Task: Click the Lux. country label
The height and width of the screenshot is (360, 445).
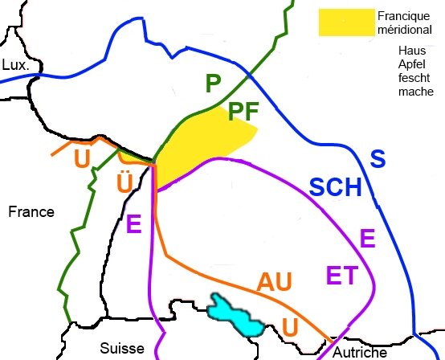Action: click(15, 64)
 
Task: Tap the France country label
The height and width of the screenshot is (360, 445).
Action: click(31, 212)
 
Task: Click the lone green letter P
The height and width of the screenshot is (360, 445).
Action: click(212, 83)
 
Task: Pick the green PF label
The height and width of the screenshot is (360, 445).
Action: click(243, 111)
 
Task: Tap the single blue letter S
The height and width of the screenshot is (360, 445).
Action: click(377, 158)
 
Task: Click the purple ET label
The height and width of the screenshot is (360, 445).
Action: click(343, 276)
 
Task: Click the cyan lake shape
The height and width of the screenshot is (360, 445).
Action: click(235, 316)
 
